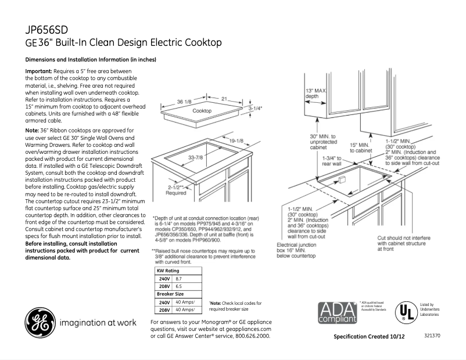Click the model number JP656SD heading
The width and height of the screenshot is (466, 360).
[x=48, y=30]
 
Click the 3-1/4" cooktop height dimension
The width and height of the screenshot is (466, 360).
[x=255, y=108]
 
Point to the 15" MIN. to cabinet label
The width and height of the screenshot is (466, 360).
[x=360, y=147]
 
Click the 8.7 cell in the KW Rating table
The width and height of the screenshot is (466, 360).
[x=179, y=279]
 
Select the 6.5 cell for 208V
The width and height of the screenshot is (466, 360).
[x=179, y=287]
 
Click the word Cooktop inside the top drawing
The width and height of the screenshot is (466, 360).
[x=202, y=111]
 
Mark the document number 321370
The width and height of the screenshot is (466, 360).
[x=432, y=336]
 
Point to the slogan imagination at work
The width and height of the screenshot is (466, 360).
[x=98, y=322]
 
